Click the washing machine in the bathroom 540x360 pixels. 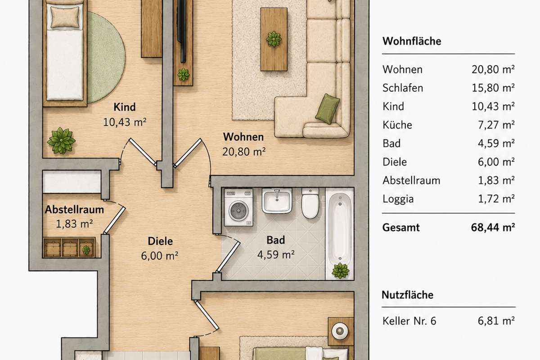pyautogui.click(x=238, y=207)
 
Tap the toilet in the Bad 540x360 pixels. pyautogui.click(x=310, y=203)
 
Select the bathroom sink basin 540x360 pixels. pyautogui.click(x=277, y=201)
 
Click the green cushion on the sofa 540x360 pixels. pyautogui.click(x=328, y=109)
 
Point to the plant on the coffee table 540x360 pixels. pyautogui.click(x=274, y=39)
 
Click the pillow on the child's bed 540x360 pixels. pyautogui.click(x=65, y=17)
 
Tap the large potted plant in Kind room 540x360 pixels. pyautogui.click(x=61, y=140)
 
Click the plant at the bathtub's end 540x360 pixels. pyautogui.click(x=340, y=271)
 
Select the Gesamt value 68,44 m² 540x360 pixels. pyautogui.click(x=493, y=227)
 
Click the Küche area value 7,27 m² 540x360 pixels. pyautogui.click(x=496, y=125)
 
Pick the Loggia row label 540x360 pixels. pyautogui.click(x=398, y=199)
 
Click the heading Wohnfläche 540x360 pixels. pyautogui.click(x=412, y=41)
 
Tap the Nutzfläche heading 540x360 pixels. pyautogui.click(x=407, y=295)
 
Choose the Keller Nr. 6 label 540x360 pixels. pyautogui.click(x=409, y=321)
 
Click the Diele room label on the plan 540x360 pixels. pyautogui.click(x=160, y=241)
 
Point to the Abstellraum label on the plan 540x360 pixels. pyautogui.click(x=74, y=210)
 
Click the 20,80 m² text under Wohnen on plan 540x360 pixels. pyautogui.click(x=244, y=152)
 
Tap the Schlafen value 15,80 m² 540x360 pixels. pyautogui.click(x=493, y=88)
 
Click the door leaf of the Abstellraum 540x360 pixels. pyautogui.click(x=114, y=220)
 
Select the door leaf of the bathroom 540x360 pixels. pyautogui.click(x=228, y=257)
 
